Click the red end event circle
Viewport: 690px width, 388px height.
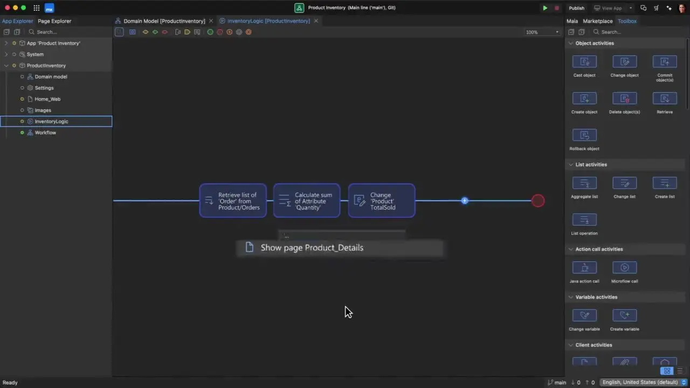(x=538, y=201)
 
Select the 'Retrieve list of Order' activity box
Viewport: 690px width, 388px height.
(x=233, y=201)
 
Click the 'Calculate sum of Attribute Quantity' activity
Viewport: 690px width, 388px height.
(x=307, y=201)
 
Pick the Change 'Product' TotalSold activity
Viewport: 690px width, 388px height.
(x=382, y=201)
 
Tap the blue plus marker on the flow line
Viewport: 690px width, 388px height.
(x=465, y=201)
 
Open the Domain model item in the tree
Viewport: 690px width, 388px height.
(x=51, y=77)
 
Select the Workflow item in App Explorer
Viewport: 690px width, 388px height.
(x=45, y=133)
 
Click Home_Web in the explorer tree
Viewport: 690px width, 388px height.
(x=47, y=99)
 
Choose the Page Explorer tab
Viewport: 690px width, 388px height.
(x=54, y=21)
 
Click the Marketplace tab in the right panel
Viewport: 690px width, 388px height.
(x=598, y=21)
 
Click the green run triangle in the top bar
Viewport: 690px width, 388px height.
(x=545, y=8)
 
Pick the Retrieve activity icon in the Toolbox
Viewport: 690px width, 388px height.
(x=665, y=99)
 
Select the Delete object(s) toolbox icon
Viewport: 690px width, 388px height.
(x=624, y=99)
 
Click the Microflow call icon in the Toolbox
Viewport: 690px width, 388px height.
(x=624, y=268)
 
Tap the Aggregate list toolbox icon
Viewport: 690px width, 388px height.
(x=584, y=183)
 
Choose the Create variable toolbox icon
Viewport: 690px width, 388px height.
(x=624, y=316)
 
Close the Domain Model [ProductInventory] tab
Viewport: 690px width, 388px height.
(x=211, y=21)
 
